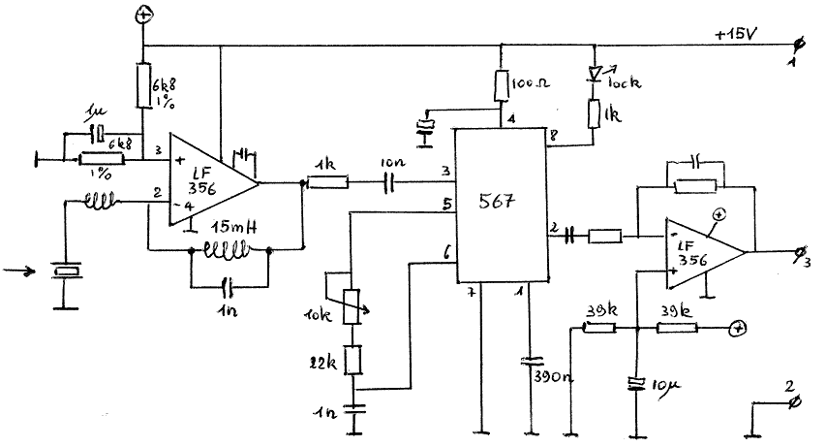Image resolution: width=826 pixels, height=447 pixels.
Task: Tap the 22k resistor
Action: click(355, 360)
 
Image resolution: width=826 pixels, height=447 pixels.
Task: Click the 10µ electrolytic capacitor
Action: click(636, 384)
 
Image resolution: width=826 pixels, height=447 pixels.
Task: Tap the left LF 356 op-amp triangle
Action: click(208, 180)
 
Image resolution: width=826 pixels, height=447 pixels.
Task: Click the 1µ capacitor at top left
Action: click(96, 133)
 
